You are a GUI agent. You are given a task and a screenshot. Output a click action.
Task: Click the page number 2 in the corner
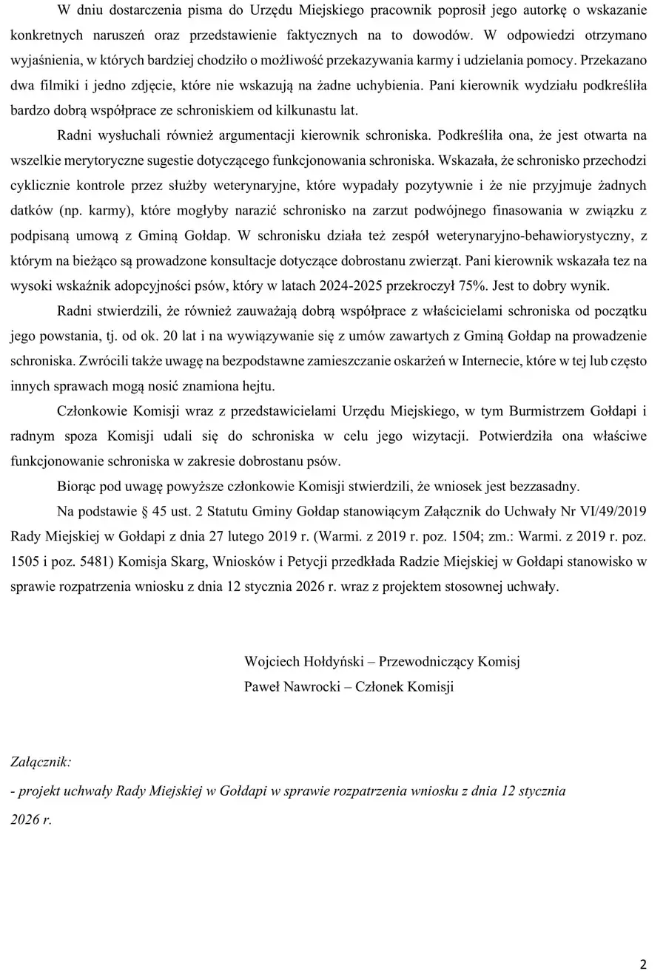643,964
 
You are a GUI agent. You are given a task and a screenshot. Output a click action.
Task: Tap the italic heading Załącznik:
41,761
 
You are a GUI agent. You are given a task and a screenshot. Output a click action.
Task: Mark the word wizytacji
437,436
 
